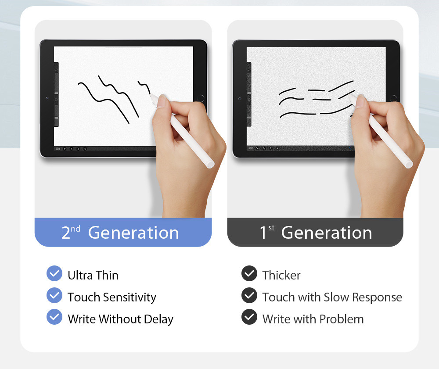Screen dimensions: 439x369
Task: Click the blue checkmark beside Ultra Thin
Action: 54,273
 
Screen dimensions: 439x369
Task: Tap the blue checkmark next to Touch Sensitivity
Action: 54,295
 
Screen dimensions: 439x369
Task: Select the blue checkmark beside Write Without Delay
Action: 54,317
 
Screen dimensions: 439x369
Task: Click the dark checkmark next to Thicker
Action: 249,273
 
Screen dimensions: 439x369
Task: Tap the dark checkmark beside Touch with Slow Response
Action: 249,295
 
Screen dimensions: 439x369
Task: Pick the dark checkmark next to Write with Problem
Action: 249,317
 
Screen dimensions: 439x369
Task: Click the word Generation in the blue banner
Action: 133,233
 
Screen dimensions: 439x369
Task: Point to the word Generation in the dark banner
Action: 327,233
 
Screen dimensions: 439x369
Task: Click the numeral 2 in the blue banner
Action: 65,233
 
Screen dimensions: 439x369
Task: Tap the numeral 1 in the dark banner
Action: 263,233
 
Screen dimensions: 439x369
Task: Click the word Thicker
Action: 281,275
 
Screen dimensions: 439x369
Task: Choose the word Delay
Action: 158,319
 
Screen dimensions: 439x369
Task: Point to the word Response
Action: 377,297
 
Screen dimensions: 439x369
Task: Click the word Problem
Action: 342,319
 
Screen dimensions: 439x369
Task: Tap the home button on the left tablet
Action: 201,98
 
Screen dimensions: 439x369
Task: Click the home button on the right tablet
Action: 393,98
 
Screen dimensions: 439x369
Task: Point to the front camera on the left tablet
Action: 47,98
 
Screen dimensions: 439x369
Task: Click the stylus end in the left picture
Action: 211,165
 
